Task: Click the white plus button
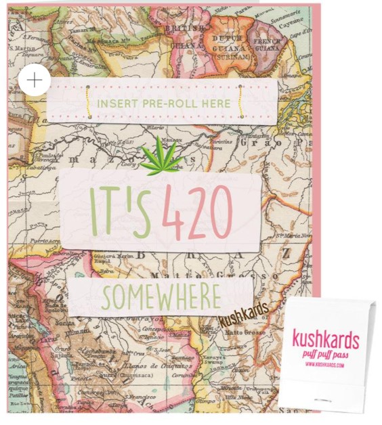[34, 81]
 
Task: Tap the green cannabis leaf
[162, 158]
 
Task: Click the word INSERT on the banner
[119, 104]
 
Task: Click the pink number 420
[197, 212]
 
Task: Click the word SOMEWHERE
[162, 296]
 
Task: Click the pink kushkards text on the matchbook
[326, 338]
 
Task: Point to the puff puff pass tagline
[326, 354]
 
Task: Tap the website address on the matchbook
[326, 365]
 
